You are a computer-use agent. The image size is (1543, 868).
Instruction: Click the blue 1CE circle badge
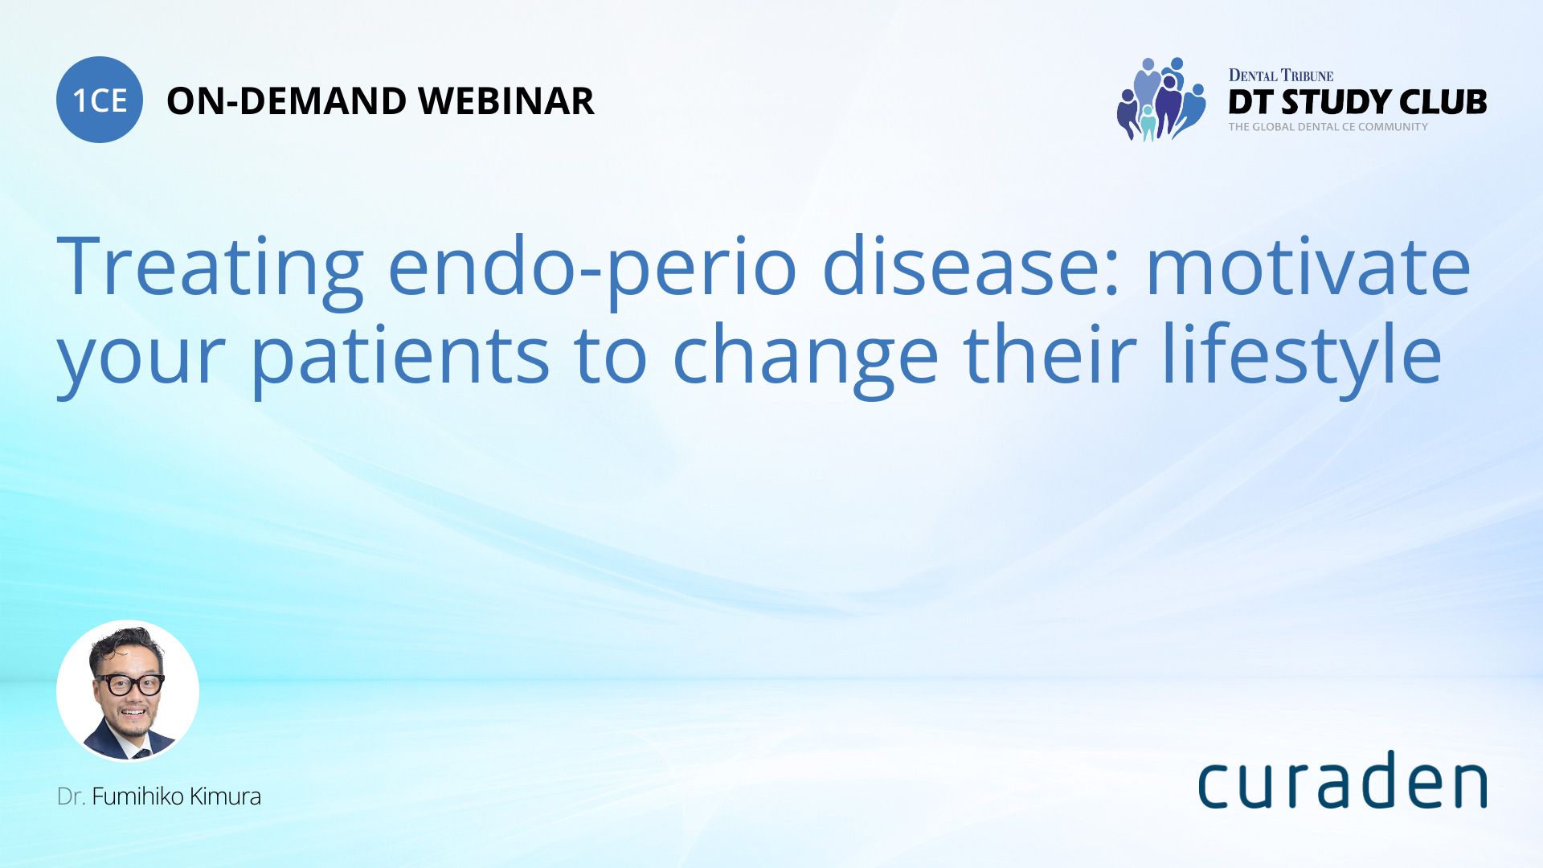100,100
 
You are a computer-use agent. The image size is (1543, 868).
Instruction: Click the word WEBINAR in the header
506,101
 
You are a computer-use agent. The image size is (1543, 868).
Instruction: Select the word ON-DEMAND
286,101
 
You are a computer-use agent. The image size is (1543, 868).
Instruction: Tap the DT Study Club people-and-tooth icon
1161,99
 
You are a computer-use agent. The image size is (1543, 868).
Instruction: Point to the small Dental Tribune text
1281,76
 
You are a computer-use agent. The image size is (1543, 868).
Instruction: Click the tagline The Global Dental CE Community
1328,127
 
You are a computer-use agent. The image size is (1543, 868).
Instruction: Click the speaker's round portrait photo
128,691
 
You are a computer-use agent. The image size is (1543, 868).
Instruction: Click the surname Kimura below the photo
226,796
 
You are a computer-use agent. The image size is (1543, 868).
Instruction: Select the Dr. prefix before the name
71,796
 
